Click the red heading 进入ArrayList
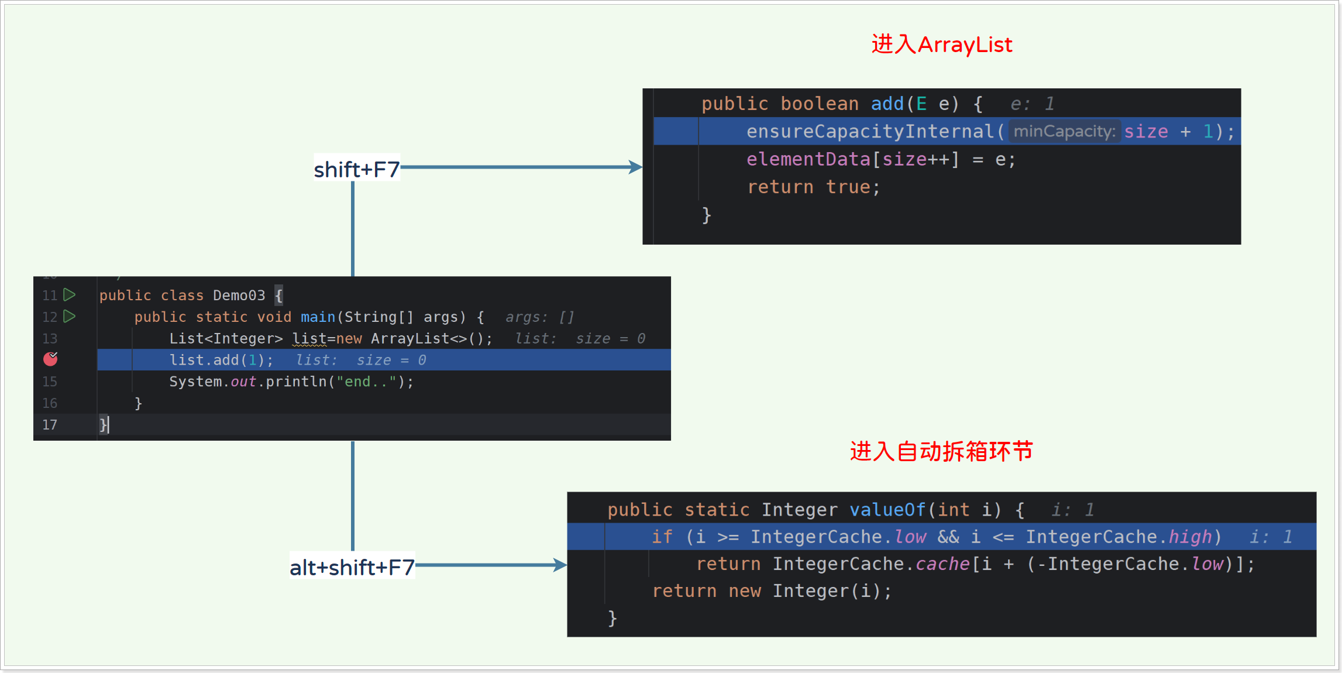pyautogui.click(x=941, y=44)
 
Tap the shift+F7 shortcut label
pyautogui.click(x=356, y=170)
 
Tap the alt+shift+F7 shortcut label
pyautogui.click(x=352, y=567)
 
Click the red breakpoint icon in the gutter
pyautogui.click(x=51, y=359)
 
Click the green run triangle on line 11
pyautogui.click(x=70, y=294)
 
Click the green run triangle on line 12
pyautogui.click(x=70, y=316)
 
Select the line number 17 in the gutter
pyautogui.click(x=50, y=425)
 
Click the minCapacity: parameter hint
pyautogui.click(x=1064, y=131)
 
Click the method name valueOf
pyautogui.click(x=887, y=510)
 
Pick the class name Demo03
pyautogui.click(x=239, y=296)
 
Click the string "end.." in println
pyautogui.click(x=366, y=382)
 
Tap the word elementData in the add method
pyautogui.click(x=808, y=159)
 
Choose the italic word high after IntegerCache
pyautogui.click(x=1190, y=537)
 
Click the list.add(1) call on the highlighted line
pyautogui.click(x=221, y=360)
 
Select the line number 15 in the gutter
pyautogui.click(x=50, y=382)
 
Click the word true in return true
pyautogui.click(x=848, y=187)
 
